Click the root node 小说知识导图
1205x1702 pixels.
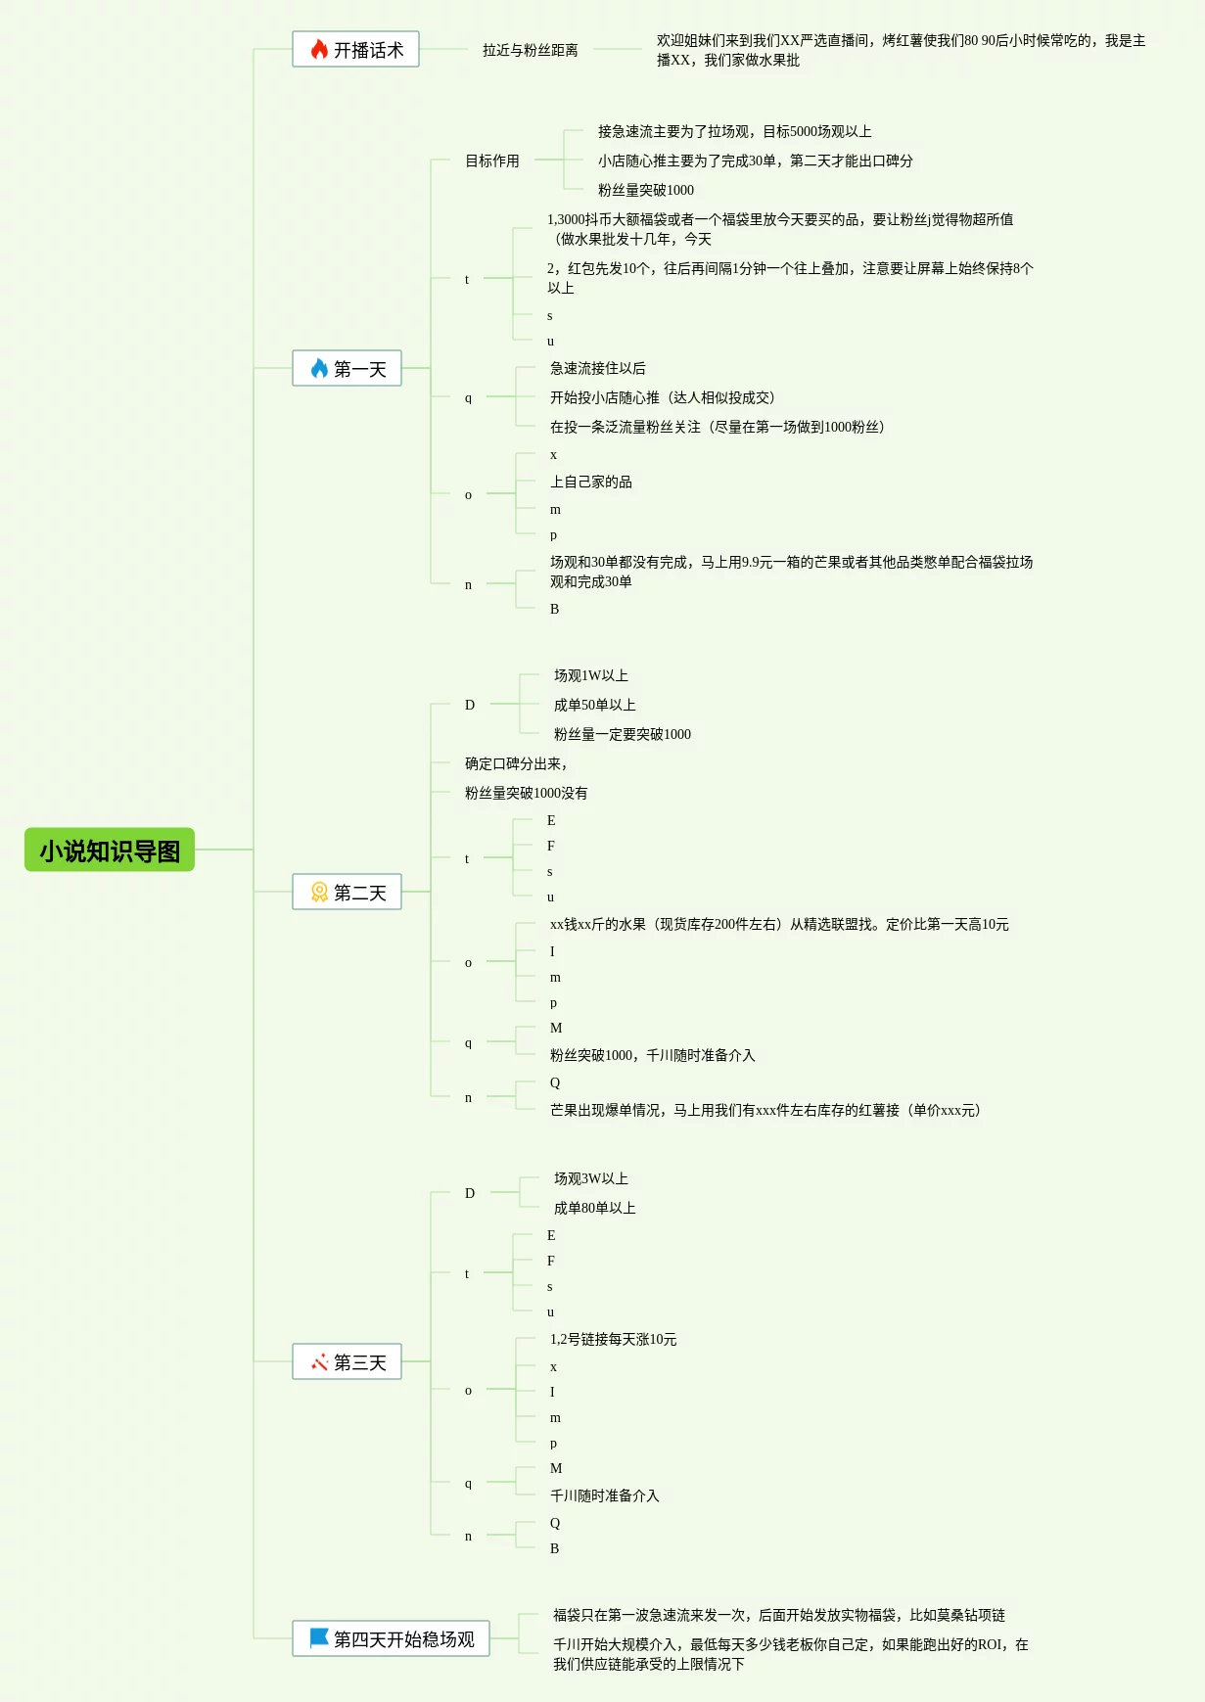point(110,851)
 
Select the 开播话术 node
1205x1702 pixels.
point(356,50)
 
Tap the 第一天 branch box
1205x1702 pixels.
point(348,369)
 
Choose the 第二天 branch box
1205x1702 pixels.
point(348,893)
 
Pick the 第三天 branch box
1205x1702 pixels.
point(348,1362)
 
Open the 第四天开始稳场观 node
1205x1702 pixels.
point(392,1639)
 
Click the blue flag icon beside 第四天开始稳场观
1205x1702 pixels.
point(319,1638)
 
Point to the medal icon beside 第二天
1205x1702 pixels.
point(319,893)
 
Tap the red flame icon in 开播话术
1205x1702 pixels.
point(319,50)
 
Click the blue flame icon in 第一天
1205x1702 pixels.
point(319,369)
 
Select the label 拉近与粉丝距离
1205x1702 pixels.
point(530,50)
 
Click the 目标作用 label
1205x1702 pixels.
point(491,161)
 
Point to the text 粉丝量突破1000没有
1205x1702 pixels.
point(526,793)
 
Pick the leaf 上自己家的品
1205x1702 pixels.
point(590,482)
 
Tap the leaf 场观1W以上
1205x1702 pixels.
point(590,675)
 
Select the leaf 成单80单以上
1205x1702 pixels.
point(594,1208)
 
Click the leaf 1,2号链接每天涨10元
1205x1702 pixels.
point(613,1339)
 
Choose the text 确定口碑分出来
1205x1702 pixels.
point(515,763)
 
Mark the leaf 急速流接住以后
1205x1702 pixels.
point(597,368)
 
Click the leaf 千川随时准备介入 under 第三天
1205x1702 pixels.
point(604,1495)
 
